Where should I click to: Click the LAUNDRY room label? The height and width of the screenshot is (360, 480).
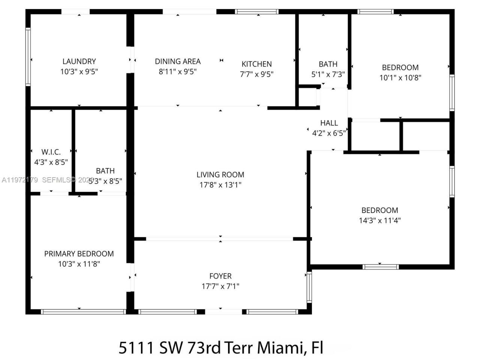79,61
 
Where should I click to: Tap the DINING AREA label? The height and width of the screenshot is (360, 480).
178,61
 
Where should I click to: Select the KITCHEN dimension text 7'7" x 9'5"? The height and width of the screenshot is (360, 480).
256,74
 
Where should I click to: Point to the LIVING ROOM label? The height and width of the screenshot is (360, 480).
220,174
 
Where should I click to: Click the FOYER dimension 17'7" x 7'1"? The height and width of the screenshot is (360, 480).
220,286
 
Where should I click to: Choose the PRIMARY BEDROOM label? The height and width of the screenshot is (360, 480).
79,253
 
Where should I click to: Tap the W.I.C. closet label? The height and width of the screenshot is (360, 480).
51,152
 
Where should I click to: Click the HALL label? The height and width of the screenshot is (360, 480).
329,123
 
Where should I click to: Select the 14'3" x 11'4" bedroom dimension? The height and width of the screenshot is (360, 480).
379,220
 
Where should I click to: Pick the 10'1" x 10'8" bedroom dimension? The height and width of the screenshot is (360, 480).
400,78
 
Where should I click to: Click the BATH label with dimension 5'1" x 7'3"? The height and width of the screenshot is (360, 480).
328,64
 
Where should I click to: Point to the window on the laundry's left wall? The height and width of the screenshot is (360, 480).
28,57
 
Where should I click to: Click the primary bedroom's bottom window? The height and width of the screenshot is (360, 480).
83,312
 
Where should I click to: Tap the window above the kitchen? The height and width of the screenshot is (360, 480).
257,12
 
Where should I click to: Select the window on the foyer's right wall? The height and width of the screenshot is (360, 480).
309,287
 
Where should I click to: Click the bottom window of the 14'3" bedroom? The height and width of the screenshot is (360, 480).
381,267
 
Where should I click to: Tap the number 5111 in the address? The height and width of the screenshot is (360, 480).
136,348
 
